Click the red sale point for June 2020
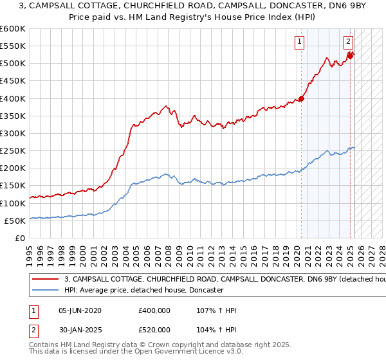coord(301,99)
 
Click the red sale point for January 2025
coord(350,56)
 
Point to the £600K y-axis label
coord(13,29)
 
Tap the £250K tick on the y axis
coord(13,151)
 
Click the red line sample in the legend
coord(45,280)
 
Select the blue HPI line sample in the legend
coord(45,291)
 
